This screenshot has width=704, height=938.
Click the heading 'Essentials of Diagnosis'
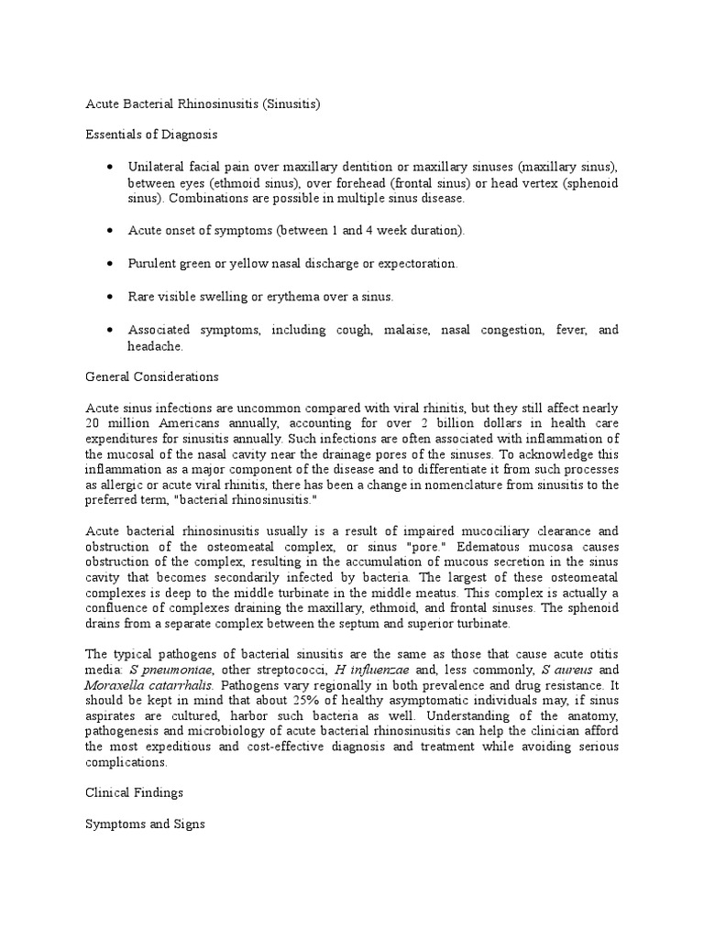click(x=150, y=134)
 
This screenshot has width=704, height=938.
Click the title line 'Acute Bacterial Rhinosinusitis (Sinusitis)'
click(x=202, y=104)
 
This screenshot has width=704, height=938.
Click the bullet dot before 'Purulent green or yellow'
click(x=110, y=263)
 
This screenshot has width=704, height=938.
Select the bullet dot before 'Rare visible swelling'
click(x=110, y=297)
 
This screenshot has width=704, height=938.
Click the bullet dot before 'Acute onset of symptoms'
click(x=110, y=230)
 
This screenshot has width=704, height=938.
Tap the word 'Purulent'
click(x=150, y=263)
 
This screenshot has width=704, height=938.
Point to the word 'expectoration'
click(x=419, y=263)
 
